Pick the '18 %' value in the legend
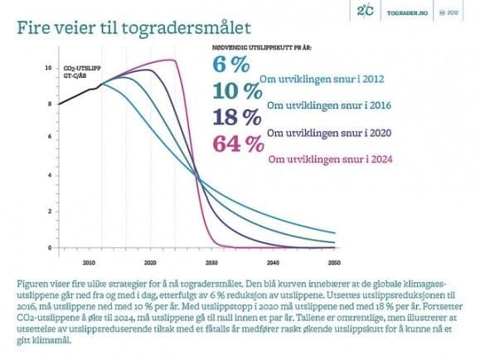[x=238, y=117]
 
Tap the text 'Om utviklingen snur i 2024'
[x=328, y=158]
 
